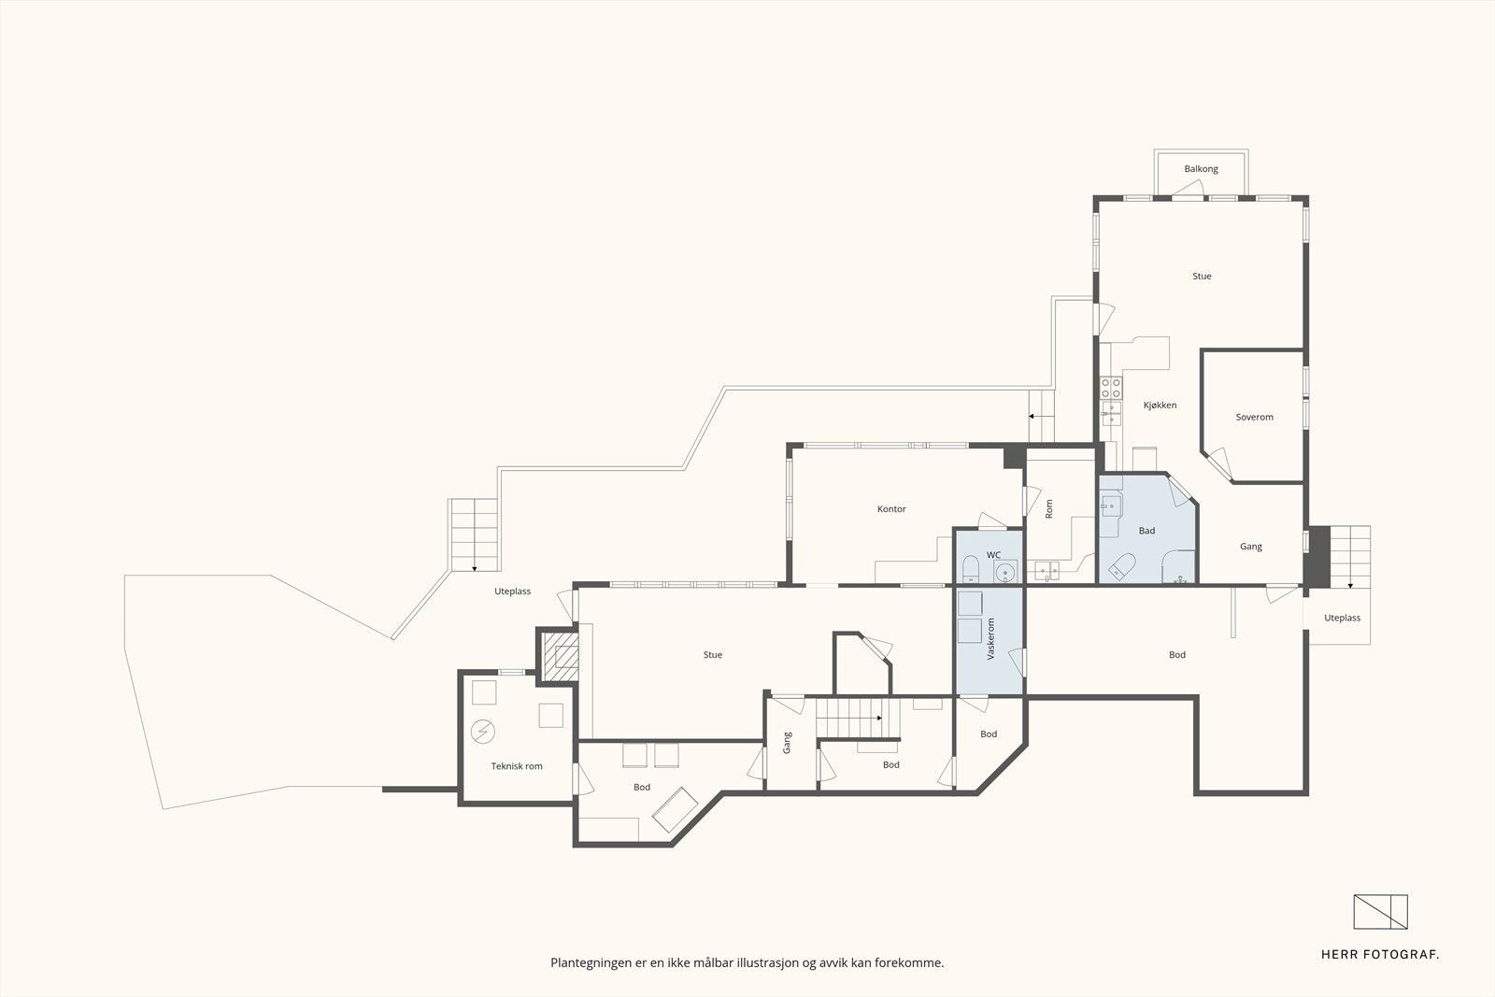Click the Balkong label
point(1201,169)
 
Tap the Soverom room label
point(1254,417)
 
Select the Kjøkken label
point(1160,406)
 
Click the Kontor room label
point(891,509)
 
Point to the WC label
point(994,554)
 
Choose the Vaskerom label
point(990,638)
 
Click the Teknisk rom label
point(517,766)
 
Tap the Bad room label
point(1146,531)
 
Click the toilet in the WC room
point(971,570)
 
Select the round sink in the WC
point(1005,572)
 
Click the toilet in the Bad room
point(1122,566)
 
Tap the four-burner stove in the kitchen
point(1111,388)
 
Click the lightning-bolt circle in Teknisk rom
point(482,732)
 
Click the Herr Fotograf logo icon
point(1380,912)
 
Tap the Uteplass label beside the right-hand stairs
point(1342,618)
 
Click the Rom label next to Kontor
point(1048,508)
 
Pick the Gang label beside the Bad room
point(1251,547)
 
